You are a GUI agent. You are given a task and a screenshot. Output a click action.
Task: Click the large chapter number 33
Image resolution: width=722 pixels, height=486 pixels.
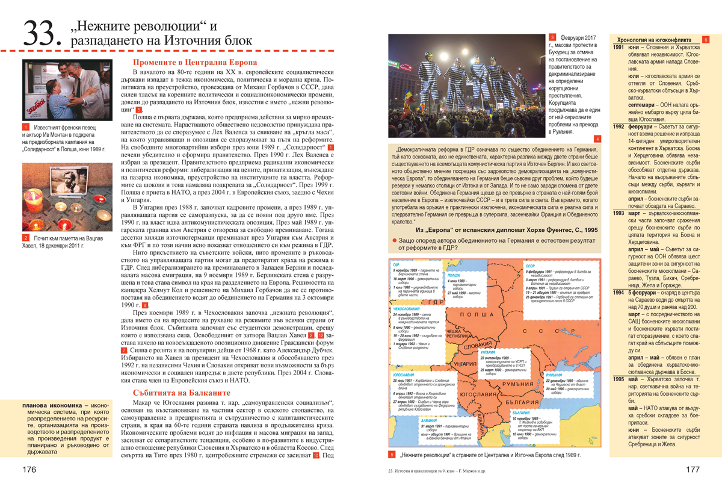point(41,35)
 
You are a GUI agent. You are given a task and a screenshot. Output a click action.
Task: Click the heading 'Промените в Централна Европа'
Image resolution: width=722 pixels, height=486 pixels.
point(195,62)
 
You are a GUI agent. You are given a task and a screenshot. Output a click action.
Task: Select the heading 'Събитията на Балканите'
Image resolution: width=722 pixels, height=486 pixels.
point(179,393)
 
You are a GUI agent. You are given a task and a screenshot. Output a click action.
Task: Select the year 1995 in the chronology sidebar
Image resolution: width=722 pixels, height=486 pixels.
point(618,379)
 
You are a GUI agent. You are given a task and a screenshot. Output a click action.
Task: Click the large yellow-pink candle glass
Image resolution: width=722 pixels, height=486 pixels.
point(104,214)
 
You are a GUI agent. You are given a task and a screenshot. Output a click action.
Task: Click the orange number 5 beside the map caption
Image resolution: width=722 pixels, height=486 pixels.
point(391,454)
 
